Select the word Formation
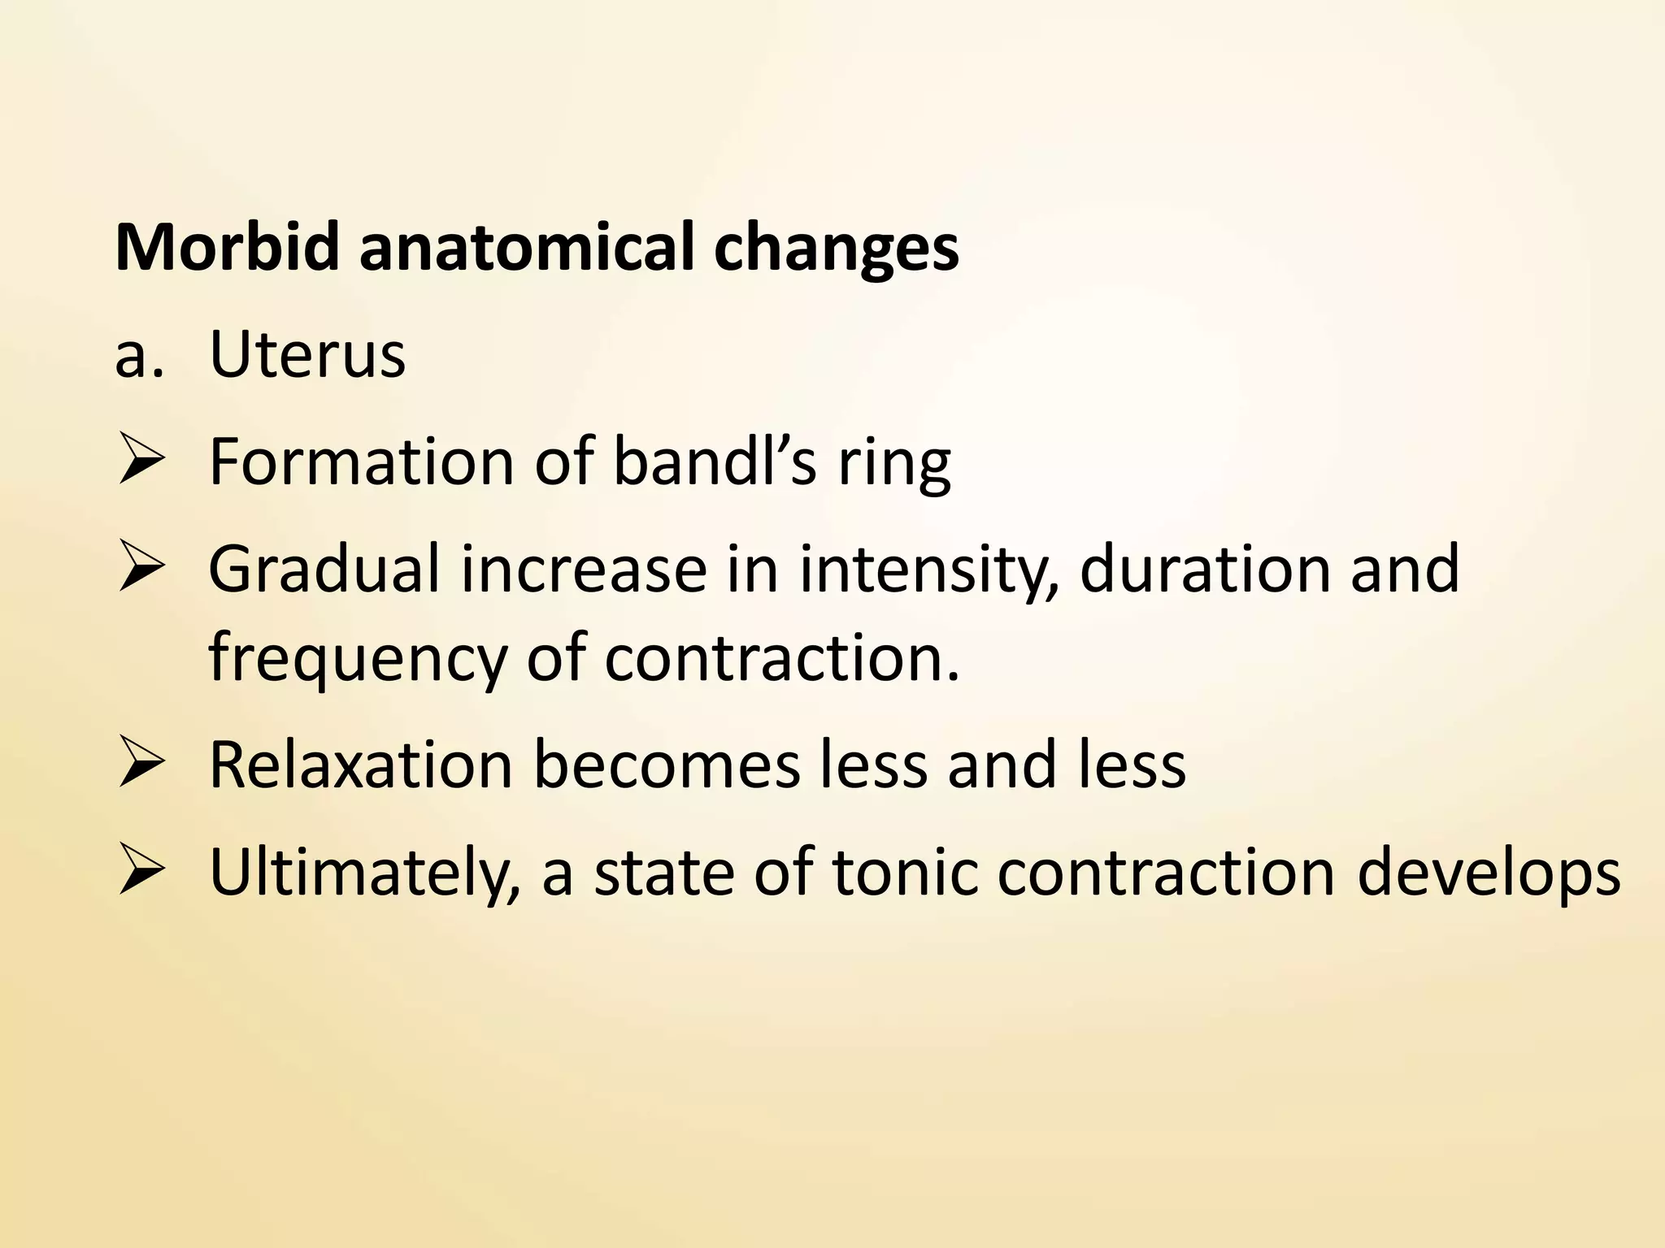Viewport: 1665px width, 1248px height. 361,461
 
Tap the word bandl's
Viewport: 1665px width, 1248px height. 715,461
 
